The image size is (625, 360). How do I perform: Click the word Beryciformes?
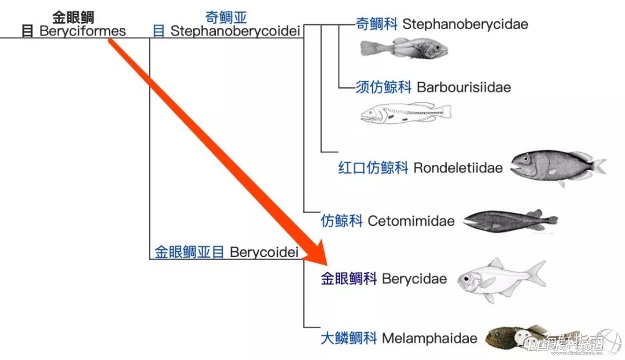pos(82,31)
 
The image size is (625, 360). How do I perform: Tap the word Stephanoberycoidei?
pos(235,31)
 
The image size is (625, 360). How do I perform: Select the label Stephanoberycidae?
pos(465,24)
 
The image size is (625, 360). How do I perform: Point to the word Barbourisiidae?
pos(464,87)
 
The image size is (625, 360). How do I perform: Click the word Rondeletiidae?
pos(458,168)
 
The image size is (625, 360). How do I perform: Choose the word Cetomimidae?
pos(411,221)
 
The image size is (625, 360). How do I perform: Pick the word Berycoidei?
pos(263,252)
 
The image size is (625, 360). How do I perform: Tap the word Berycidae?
pos(414,279)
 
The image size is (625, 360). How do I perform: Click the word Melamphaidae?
pos(429,338)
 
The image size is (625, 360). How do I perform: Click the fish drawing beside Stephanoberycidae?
pos(403,49)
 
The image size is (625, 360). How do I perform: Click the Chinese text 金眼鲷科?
pos(349,279)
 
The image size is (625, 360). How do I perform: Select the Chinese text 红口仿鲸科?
pos(373,168)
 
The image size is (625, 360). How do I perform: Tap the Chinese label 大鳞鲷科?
pos(349,338)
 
